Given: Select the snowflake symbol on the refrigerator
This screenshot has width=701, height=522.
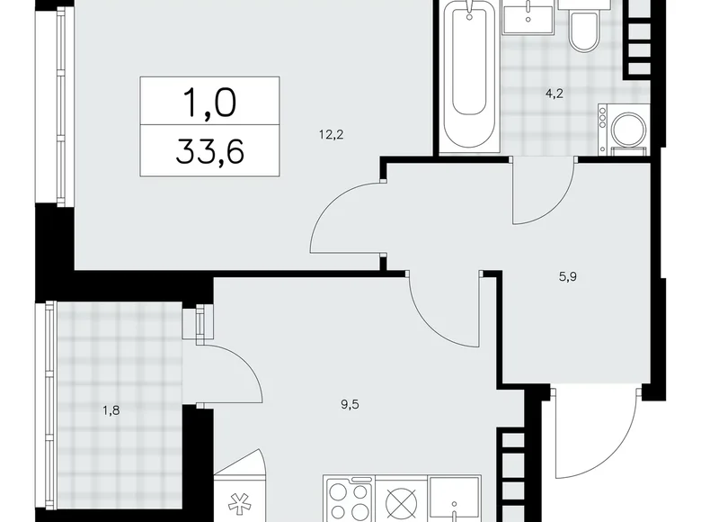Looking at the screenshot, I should [x=239, y=500].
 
